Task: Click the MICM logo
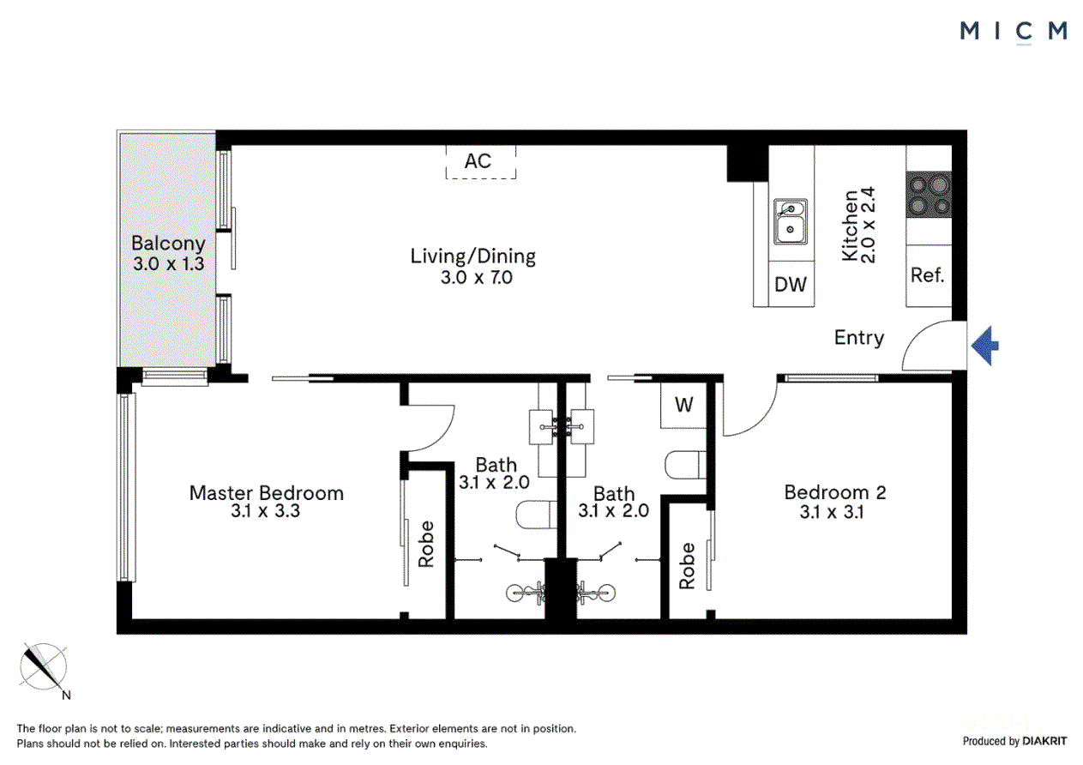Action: (1014, 31)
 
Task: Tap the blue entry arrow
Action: (985, 346)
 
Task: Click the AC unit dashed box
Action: (480, 161)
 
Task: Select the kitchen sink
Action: (790, 220)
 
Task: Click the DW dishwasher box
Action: (790, 285)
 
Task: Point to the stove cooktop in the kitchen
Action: (929, 195)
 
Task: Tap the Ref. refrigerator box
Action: (928, 275)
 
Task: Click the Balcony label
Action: (168, 244)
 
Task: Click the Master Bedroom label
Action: (266, 493)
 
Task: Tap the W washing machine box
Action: (683, 405)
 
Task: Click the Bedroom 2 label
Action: (834, 492)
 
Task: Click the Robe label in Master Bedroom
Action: (426, 544)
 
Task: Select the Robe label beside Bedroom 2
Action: (687, 565)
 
